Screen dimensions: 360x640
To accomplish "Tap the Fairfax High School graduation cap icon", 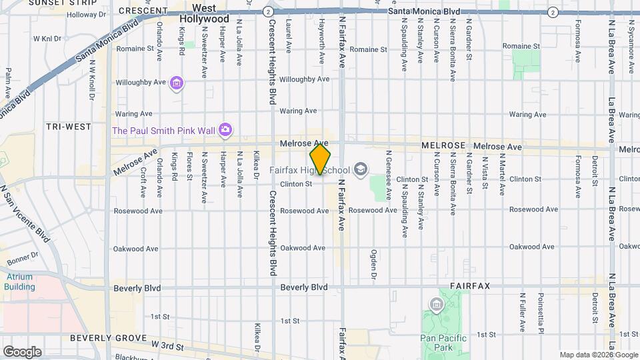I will (x=361, y=169).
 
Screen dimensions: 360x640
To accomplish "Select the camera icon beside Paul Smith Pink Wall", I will (x=226, y=129).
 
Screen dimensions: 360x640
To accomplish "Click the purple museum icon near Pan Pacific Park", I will (x=437, y=305).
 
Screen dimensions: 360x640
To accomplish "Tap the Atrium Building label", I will (x=19, y=282).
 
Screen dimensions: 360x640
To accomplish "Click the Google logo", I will (x=22, y=351).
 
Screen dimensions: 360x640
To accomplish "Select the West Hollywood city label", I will (x=204, y=14).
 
